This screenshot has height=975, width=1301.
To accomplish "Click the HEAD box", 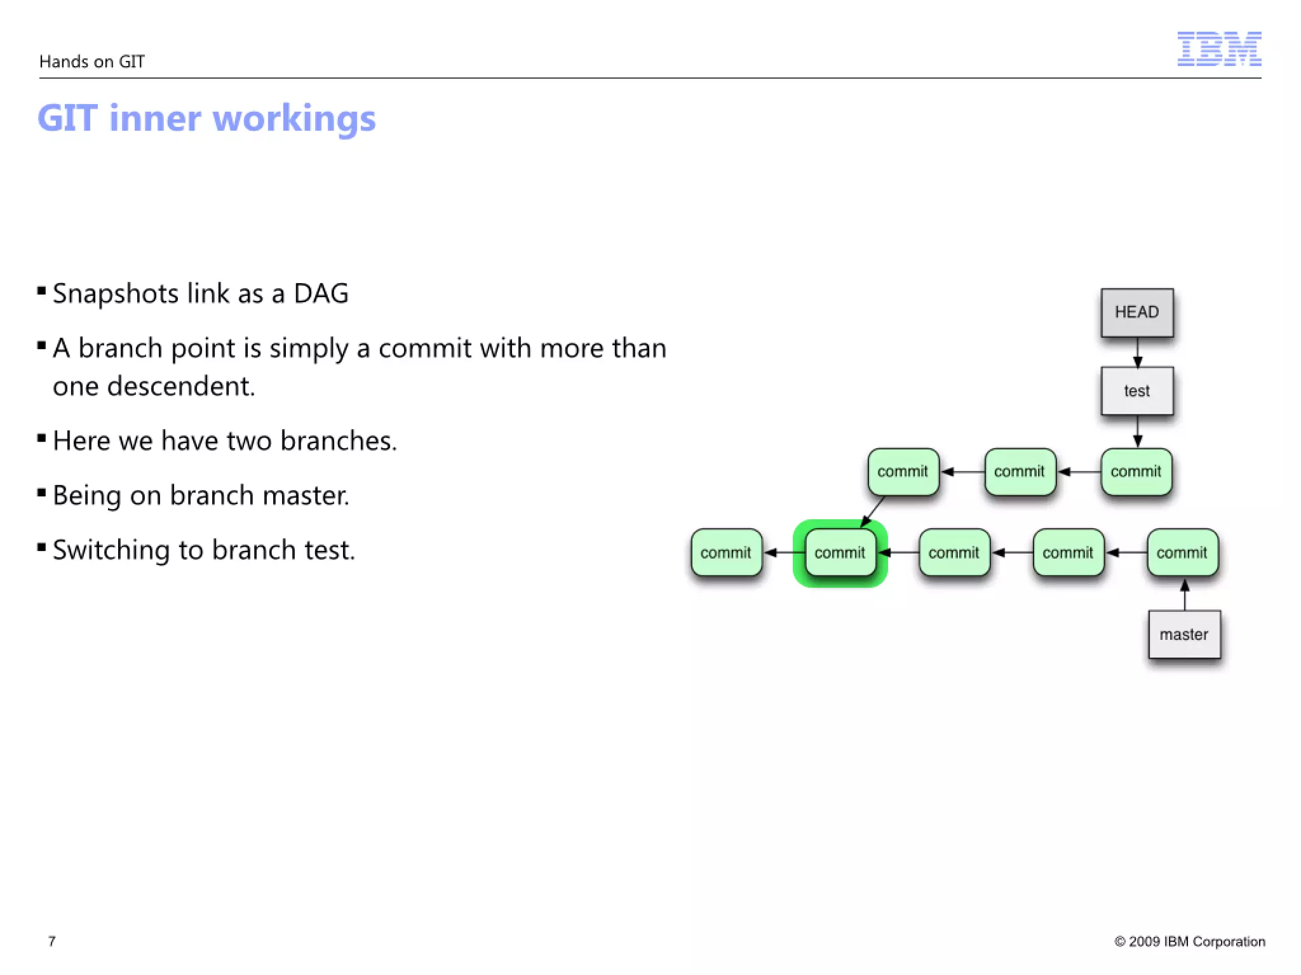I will (x=1136, y=312).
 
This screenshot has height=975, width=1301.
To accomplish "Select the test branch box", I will (x=1136, y=391).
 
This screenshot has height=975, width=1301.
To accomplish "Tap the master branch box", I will (x=1184, y=634).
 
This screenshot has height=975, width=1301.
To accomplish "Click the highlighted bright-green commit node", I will (x=840, y=553).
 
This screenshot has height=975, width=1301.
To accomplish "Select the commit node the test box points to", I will (x=1136, y=472).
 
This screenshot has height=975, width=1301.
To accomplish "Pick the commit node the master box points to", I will (x=1182, y=553).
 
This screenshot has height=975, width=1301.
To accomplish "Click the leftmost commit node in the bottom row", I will (x=726, y=553).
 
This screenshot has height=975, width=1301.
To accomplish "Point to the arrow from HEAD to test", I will (x=1137, y=352).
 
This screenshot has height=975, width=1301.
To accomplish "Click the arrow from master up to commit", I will (x=1184, y=595).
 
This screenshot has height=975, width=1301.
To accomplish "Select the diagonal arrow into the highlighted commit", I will (x=873, y=512).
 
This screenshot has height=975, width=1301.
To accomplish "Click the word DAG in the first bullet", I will (x=321, y=294).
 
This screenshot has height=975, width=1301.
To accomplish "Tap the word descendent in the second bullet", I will (x=181, y=386).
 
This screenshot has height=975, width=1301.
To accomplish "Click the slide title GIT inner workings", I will (x=206, y=118).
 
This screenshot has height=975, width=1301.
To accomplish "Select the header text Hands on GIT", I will (x=92, y=62).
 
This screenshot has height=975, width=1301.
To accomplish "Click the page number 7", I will (x=52, y=941).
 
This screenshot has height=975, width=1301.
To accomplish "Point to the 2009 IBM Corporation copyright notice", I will (x=1189, y=941).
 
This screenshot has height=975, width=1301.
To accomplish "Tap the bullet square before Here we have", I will (x=42, y=438).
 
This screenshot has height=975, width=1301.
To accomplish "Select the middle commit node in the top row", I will (x=1020, y=472).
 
